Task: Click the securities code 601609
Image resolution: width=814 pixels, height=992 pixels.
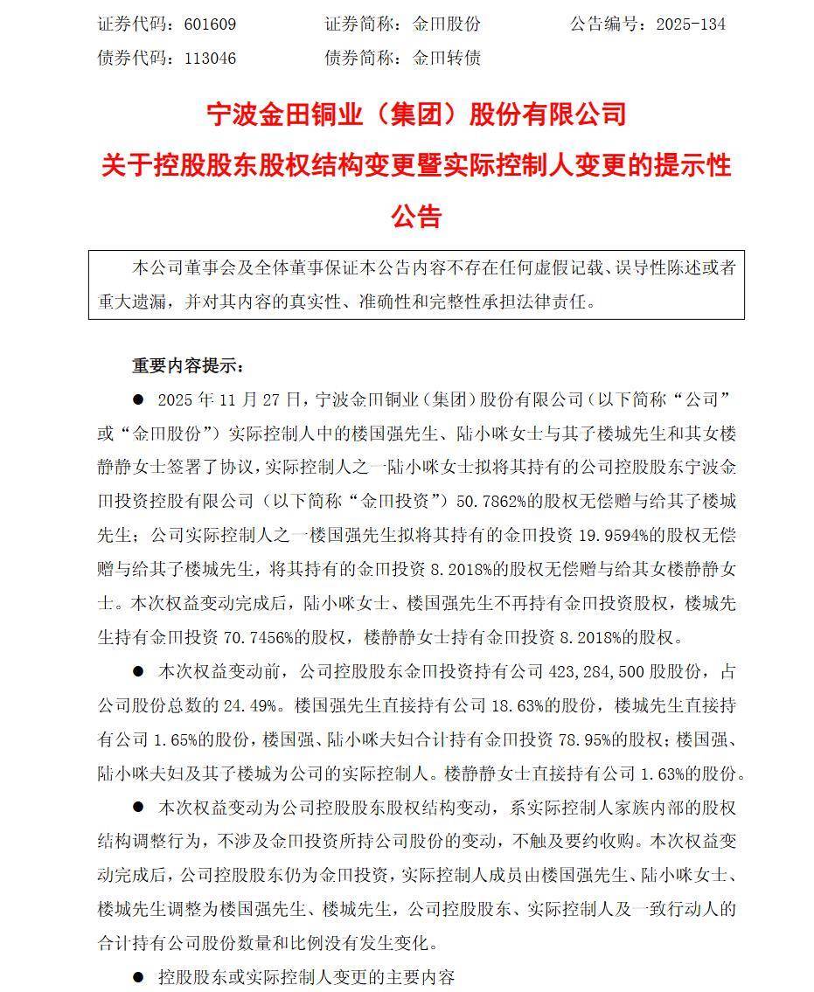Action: coord(210,24)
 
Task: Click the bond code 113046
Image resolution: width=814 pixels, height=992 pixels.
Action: coord(210,59)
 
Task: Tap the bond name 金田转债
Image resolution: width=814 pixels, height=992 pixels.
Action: coord(447,59)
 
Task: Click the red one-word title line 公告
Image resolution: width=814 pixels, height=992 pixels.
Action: coord(416,216)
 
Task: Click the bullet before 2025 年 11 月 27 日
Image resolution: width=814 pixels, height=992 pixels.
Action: coord(137,399)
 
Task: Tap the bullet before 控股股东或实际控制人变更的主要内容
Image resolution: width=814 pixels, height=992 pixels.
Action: coord(137,976)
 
